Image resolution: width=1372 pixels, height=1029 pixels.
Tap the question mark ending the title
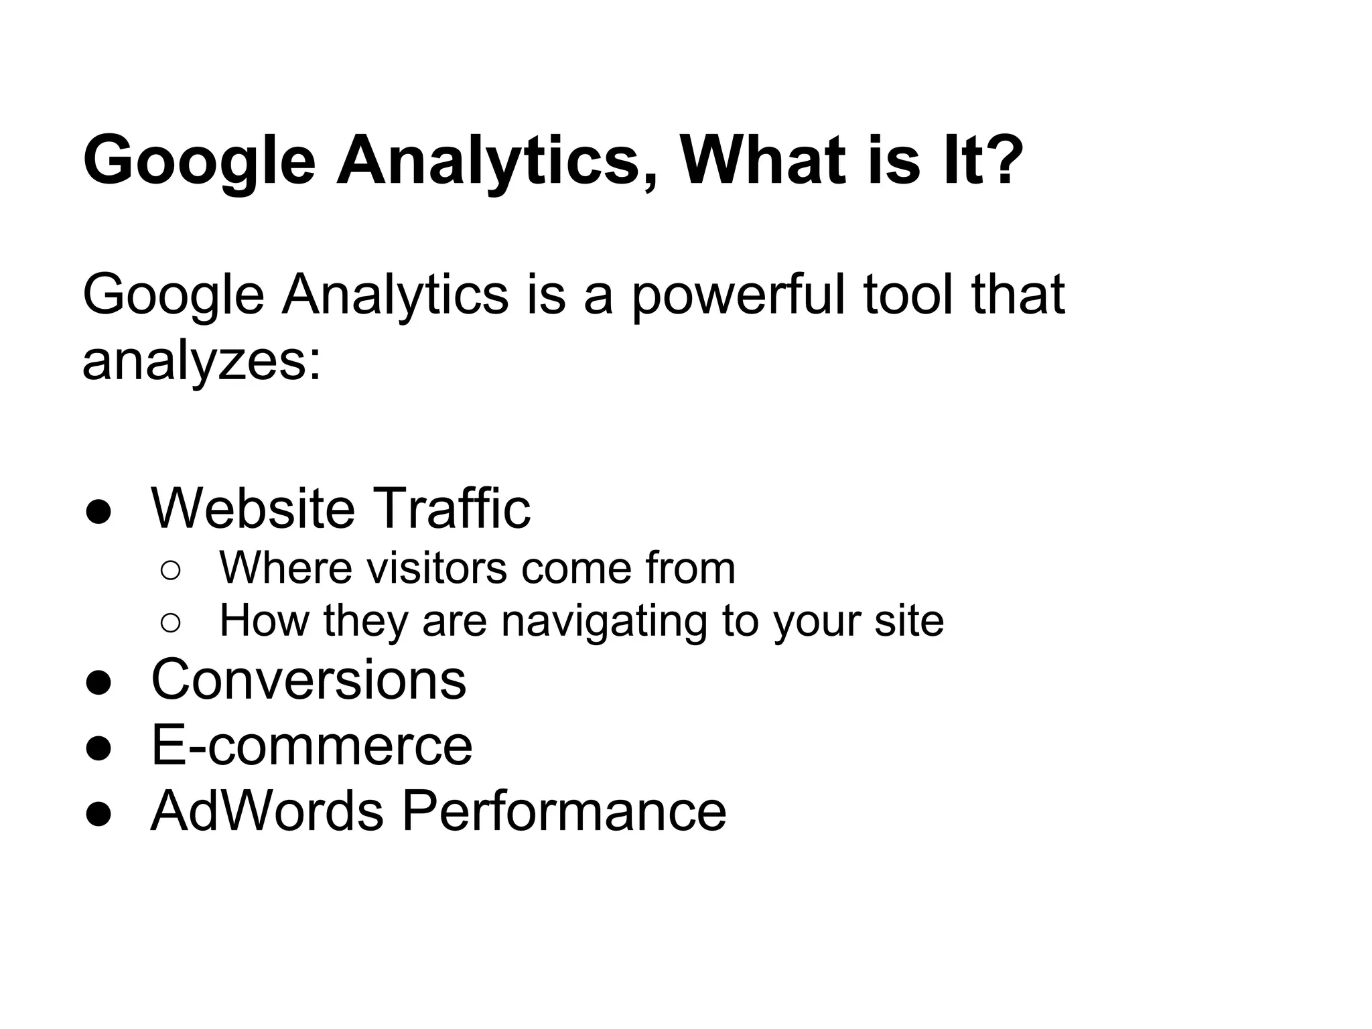(x=998, y=161)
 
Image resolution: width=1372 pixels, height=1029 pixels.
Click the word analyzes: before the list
(x=202, y=362)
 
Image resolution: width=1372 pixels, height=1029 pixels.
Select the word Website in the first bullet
(x=253, y=508)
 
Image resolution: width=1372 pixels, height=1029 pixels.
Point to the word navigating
(x=604, y=622)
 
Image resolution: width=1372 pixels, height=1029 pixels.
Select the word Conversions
(x=309, y=679)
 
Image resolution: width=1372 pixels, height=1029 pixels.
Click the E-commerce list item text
(x=312, y=745)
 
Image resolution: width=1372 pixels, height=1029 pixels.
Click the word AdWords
(x=267, y=811)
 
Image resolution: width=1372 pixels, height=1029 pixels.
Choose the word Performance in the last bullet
(x=563, y=811)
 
